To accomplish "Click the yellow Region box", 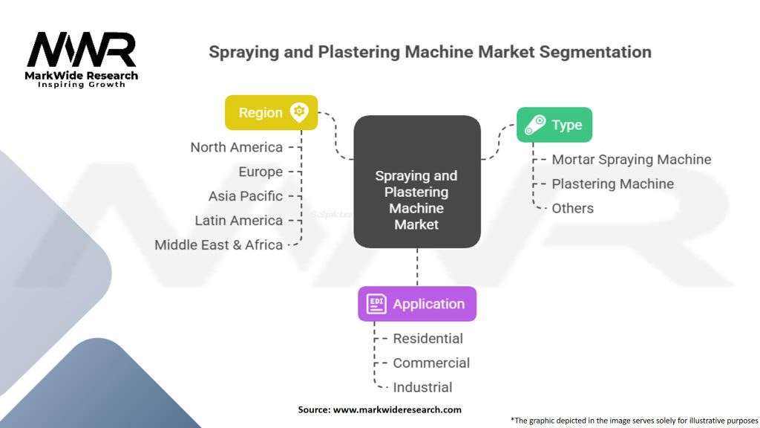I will click(x=271, y=113).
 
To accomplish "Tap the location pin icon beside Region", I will click(x=299, y=113).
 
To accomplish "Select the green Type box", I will click(x=554, y=125).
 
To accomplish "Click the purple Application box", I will click(x=416, y=304).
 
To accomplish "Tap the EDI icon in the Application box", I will click(x=376, y=304).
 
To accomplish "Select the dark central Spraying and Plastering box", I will click(x=416, y=181).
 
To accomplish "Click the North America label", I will click(x=236, y=147).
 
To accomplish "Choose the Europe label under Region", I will click(x=261, y=172).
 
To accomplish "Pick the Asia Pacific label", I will click(x=246, y=196).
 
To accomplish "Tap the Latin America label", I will click(x=238, y=221).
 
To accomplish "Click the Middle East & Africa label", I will click(x=218, y=245).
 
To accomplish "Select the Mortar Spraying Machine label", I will click(x=631, y=160).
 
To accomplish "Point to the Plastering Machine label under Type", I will click(x=612, y=184).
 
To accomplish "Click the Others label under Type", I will click(x=572, y=209).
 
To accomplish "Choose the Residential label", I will click(x=427, y=339).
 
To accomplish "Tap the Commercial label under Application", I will click(x=431, y=363).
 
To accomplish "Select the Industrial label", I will click(x=422, y=388).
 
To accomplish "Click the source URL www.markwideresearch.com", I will click(x=396, y=409).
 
